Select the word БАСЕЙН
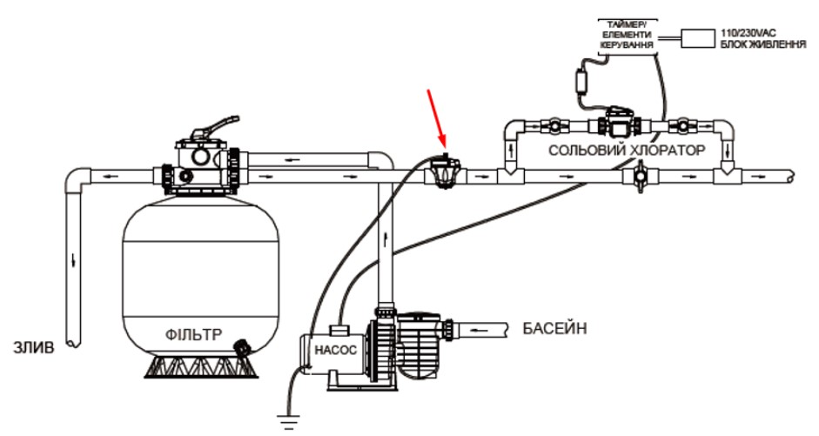pos(555,328)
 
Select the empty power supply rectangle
pos(697,37)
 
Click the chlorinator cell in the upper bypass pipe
pos(620,122)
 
